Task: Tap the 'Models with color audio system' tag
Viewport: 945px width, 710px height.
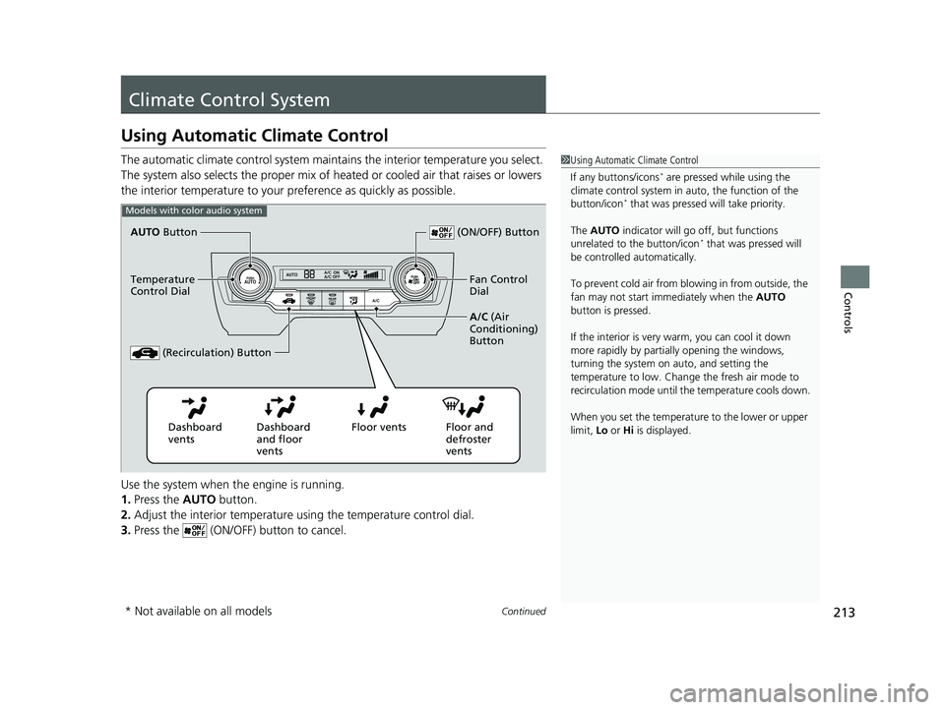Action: pos(194,210)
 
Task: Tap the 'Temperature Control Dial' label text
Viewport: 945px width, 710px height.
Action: pos(162,285)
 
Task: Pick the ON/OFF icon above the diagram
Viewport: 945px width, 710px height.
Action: pos(441,232)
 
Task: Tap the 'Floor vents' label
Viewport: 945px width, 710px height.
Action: pos(378,428)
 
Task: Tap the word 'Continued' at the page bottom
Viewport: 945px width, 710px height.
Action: pos(525,612)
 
